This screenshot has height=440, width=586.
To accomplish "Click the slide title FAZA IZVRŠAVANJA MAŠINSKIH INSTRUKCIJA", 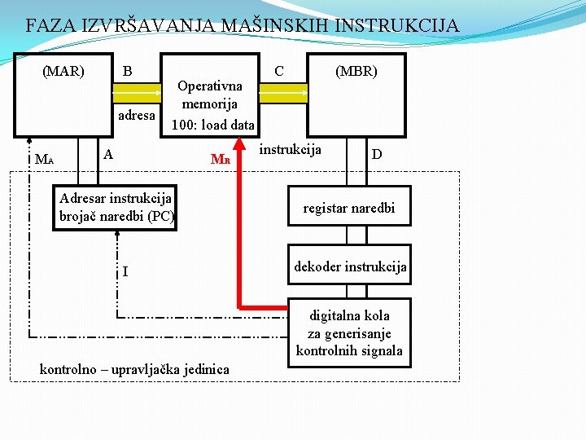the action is click(242, 25).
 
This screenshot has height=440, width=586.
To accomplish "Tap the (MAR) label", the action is click(63, 71).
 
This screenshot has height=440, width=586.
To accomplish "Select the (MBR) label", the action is click(356, 71).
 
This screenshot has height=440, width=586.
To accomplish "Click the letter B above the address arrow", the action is click(127, 71).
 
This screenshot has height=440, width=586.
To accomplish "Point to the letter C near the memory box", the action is click(279, 71).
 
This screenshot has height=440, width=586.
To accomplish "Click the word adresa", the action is click(136, 115).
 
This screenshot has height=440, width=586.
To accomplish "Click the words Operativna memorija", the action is click(209, 95).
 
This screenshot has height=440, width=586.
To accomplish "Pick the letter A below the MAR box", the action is click(108, 153).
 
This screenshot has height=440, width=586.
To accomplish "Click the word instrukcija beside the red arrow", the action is click(291, 149).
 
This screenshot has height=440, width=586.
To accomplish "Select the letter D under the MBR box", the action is click(377, 154).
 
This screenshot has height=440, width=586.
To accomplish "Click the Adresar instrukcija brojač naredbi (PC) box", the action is click(115, 208).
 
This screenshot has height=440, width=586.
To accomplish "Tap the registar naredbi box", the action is click(348, 208).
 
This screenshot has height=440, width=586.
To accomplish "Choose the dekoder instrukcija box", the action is click(349, 266).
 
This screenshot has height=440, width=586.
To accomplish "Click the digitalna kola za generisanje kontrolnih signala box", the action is click(349, 332).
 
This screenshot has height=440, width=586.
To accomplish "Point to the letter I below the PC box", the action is click(125, 271).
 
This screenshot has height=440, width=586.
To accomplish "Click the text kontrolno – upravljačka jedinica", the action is click(134, 369).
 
